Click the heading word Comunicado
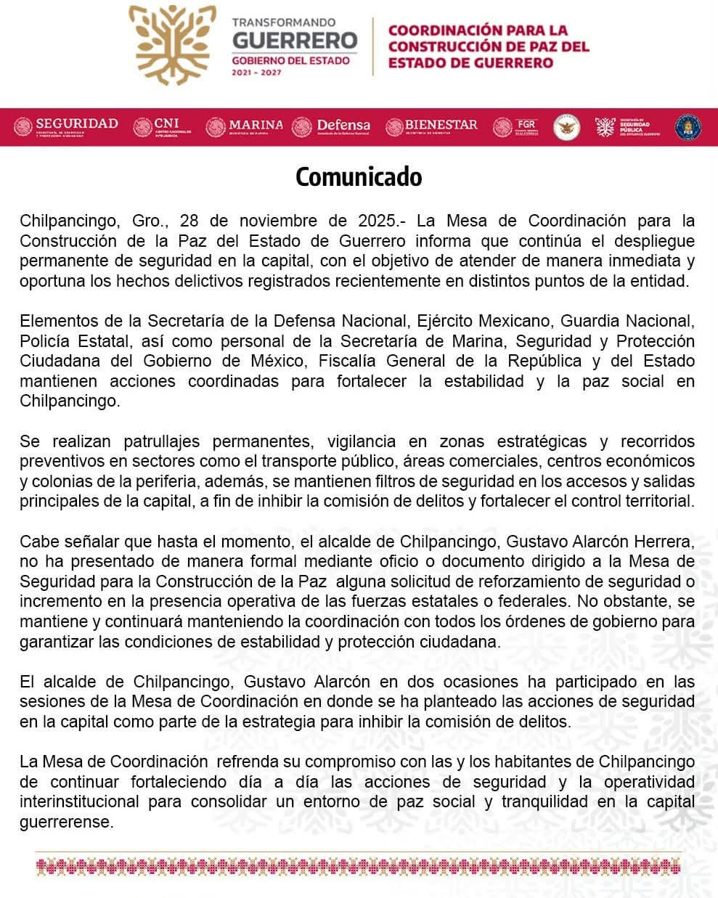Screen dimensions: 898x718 (359, 177)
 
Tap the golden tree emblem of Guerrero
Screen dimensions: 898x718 (173, 44)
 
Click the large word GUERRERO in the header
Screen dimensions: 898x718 (295, 40)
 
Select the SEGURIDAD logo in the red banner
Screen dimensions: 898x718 (66, 126)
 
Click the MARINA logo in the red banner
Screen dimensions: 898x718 (245, 126)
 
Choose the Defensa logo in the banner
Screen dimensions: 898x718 (331, 126)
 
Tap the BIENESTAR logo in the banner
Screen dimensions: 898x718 (432, 126)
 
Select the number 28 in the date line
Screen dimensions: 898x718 (189, 221)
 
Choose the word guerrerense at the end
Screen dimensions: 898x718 (67, 823)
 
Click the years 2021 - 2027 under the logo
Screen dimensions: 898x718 (256, 73)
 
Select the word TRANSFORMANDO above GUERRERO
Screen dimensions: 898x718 (283, 23)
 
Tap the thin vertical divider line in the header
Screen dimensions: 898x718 (373, 46)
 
